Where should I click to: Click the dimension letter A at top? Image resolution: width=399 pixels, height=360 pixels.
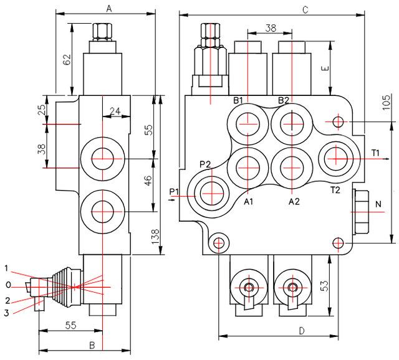click(x=108, y=8)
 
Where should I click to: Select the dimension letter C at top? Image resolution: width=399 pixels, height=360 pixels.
click(x=305, y=9)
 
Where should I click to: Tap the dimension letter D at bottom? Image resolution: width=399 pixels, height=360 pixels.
click(x=301, y=331)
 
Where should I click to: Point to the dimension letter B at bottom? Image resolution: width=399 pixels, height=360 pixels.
click(x=91, y=344)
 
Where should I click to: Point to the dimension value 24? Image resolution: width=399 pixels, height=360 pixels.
click(x=114, y=111)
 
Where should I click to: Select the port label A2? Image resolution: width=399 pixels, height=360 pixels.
click(x=294, y=202)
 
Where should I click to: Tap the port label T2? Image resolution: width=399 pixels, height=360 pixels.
click(x=335, y=189)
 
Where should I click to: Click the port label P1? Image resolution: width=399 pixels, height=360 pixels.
click(x=174, y=191)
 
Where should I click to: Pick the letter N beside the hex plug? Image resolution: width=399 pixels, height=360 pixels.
click(x=378, y=204)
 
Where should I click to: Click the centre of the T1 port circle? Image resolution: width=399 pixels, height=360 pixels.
click(x=336, y=156)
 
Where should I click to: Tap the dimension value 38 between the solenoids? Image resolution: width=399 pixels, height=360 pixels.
click(x=271, y=27)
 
